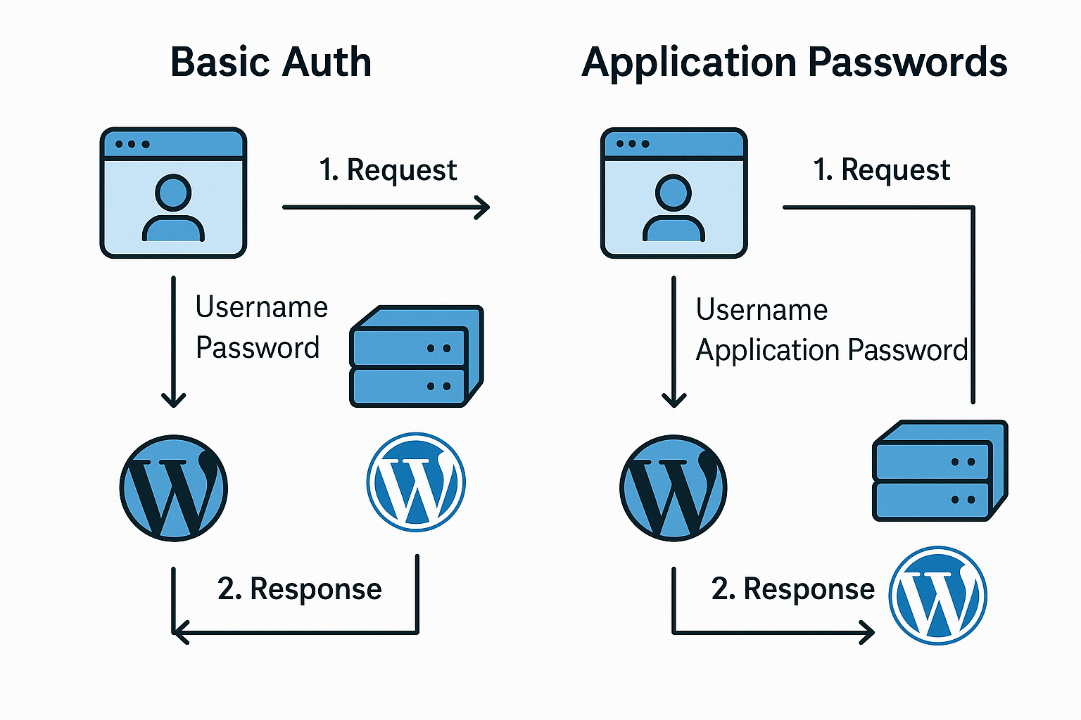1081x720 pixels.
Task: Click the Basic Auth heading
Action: [x=270, y=62]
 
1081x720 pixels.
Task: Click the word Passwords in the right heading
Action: [x=908, y=62]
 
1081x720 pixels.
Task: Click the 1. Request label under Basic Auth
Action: [x=388, y=170]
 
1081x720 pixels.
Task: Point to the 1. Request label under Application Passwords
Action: [x=881, y=170]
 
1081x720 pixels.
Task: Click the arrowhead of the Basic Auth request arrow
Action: [x=483, y=207]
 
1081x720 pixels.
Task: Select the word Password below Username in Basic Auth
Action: [x=258, y=347]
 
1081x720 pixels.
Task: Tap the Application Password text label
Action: [x=831, y=349]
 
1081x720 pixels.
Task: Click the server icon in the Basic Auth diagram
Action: [x=416, y=356]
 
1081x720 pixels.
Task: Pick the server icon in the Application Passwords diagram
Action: [x=940, y=470]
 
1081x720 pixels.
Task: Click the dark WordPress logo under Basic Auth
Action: [x=174, y=488]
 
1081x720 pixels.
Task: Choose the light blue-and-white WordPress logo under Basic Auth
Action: [x=416, y=482]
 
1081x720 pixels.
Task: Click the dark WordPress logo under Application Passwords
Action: [x=674, y=488]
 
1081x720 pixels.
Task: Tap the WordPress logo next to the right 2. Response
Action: [x=937, y=596]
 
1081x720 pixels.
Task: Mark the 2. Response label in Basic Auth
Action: [x=299, y=589]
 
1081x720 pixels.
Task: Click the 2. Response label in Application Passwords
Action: [x=792, y=589]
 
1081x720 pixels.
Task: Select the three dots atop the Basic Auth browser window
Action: [x=132, y=144]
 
